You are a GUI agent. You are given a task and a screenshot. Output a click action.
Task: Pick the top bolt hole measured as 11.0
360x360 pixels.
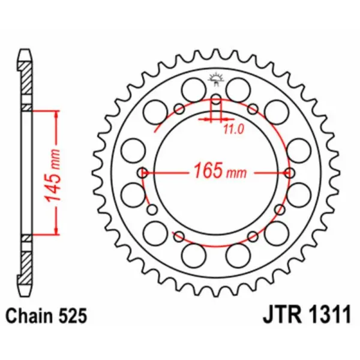[216, 99]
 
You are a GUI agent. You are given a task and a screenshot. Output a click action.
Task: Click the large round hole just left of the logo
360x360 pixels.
[193, 91]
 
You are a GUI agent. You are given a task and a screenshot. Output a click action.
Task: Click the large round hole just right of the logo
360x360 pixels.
[241, 91]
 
